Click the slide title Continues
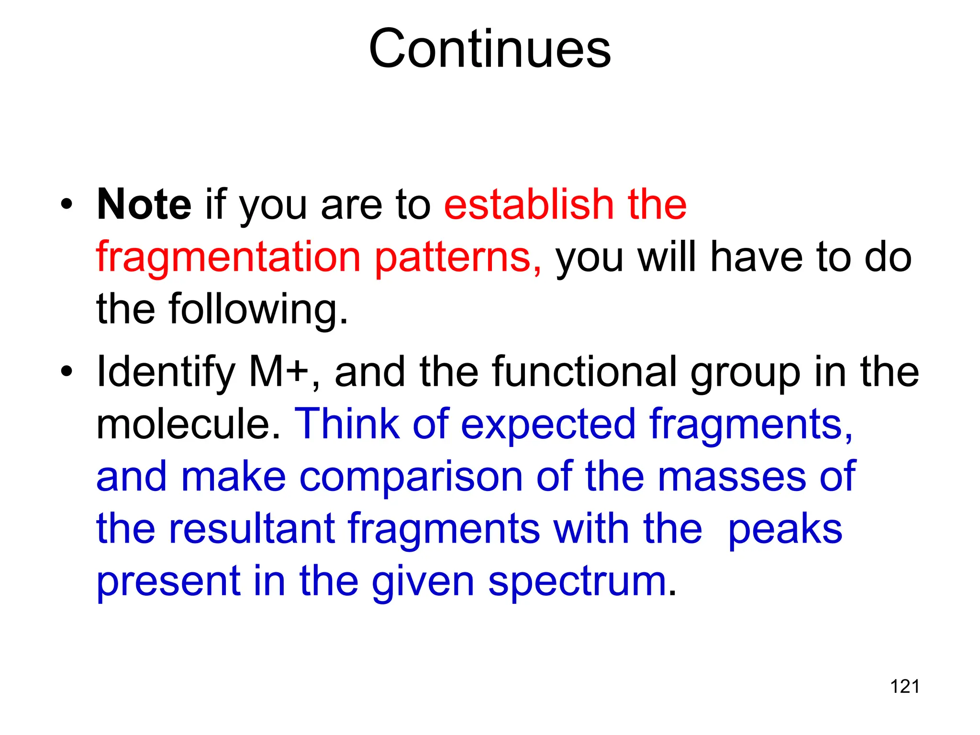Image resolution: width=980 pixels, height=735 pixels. pos(490,49)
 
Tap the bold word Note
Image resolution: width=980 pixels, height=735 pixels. pos(144,205)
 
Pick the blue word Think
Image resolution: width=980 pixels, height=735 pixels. pos(347,424)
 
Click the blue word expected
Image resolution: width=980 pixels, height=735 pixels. pos(548,424)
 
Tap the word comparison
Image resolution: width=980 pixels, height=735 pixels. pos(411,477)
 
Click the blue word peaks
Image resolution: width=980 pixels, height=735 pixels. pos(785,530)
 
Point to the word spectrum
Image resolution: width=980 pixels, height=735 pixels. pos(582,582)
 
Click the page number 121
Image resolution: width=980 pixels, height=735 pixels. pos(904,687)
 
